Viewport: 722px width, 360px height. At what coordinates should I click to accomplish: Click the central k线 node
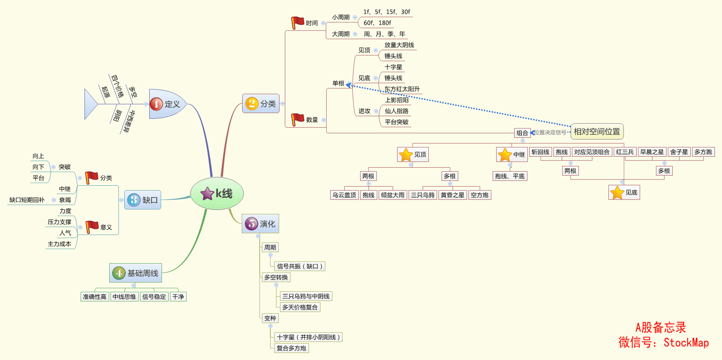[x=217, y=194]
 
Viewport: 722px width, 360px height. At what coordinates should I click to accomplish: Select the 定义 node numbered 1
[x=167, y=104]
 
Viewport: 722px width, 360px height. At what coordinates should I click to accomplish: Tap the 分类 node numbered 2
[x=261, y=104]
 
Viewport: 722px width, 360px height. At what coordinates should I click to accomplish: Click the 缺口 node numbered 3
[x=143, y=200]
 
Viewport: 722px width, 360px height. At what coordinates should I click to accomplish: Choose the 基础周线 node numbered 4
[x=136, y=273]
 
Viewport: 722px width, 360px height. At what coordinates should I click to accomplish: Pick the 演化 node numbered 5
[x=260, y=224]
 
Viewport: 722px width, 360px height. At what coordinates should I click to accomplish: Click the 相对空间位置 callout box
[x=597, y=132]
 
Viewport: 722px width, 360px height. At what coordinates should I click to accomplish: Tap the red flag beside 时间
[x=298, y=22]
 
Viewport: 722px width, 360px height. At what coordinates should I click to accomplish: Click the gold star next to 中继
[x=505, y=154]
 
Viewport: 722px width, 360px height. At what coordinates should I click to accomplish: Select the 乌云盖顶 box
[x=344, y=195]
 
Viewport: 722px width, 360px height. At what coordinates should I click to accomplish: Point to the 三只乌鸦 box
[x=423, y=195]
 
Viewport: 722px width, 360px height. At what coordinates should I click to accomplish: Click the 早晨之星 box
[x=652, y=152]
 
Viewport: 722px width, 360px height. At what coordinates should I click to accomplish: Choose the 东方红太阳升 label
[x=402, y=89]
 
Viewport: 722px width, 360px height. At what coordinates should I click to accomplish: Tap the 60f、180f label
[x=377, y=23]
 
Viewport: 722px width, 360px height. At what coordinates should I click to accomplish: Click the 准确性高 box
[x=95, y=297]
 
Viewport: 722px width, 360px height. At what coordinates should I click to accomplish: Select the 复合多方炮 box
[x=291, y=348]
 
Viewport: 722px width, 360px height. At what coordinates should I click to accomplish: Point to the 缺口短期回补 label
[x=27, y=200]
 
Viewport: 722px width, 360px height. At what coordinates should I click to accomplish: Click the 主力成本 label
[x=59, y=244]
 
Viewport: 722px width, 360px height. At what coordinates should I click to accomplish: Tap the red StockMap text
[x=686, y=342]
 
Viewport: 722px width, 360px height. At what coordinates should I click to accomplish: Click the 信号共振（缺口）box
[x=300, y=266]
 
